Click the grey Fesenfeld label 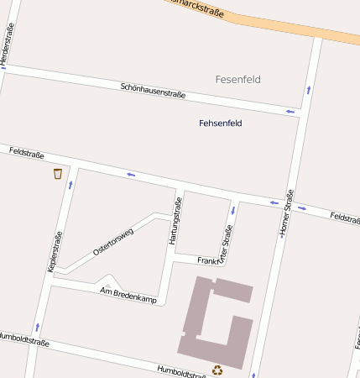pos(238,80)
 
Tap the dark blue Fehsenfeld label pos(221,123)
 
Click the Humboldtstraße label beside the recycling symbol pos(182,370)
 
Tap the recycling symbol pos(217,370)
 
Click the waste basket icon pos(58,174)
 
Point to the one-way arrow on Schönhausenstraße pos(290,111)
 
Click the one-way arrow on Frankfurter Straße pos(232,210)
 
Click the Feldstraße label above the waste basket pos(26,154)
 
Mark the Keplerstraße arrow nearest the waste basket pos(70,184)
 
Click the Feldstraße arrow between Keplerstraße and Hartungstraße pos(131,175)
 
